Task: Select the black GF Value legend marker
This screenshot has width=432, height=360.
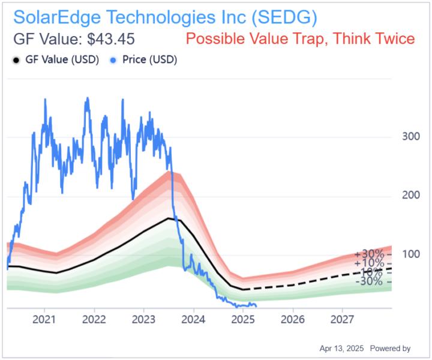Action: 16,60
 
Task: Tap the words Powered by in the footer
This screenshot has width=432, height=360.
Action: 390,348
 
